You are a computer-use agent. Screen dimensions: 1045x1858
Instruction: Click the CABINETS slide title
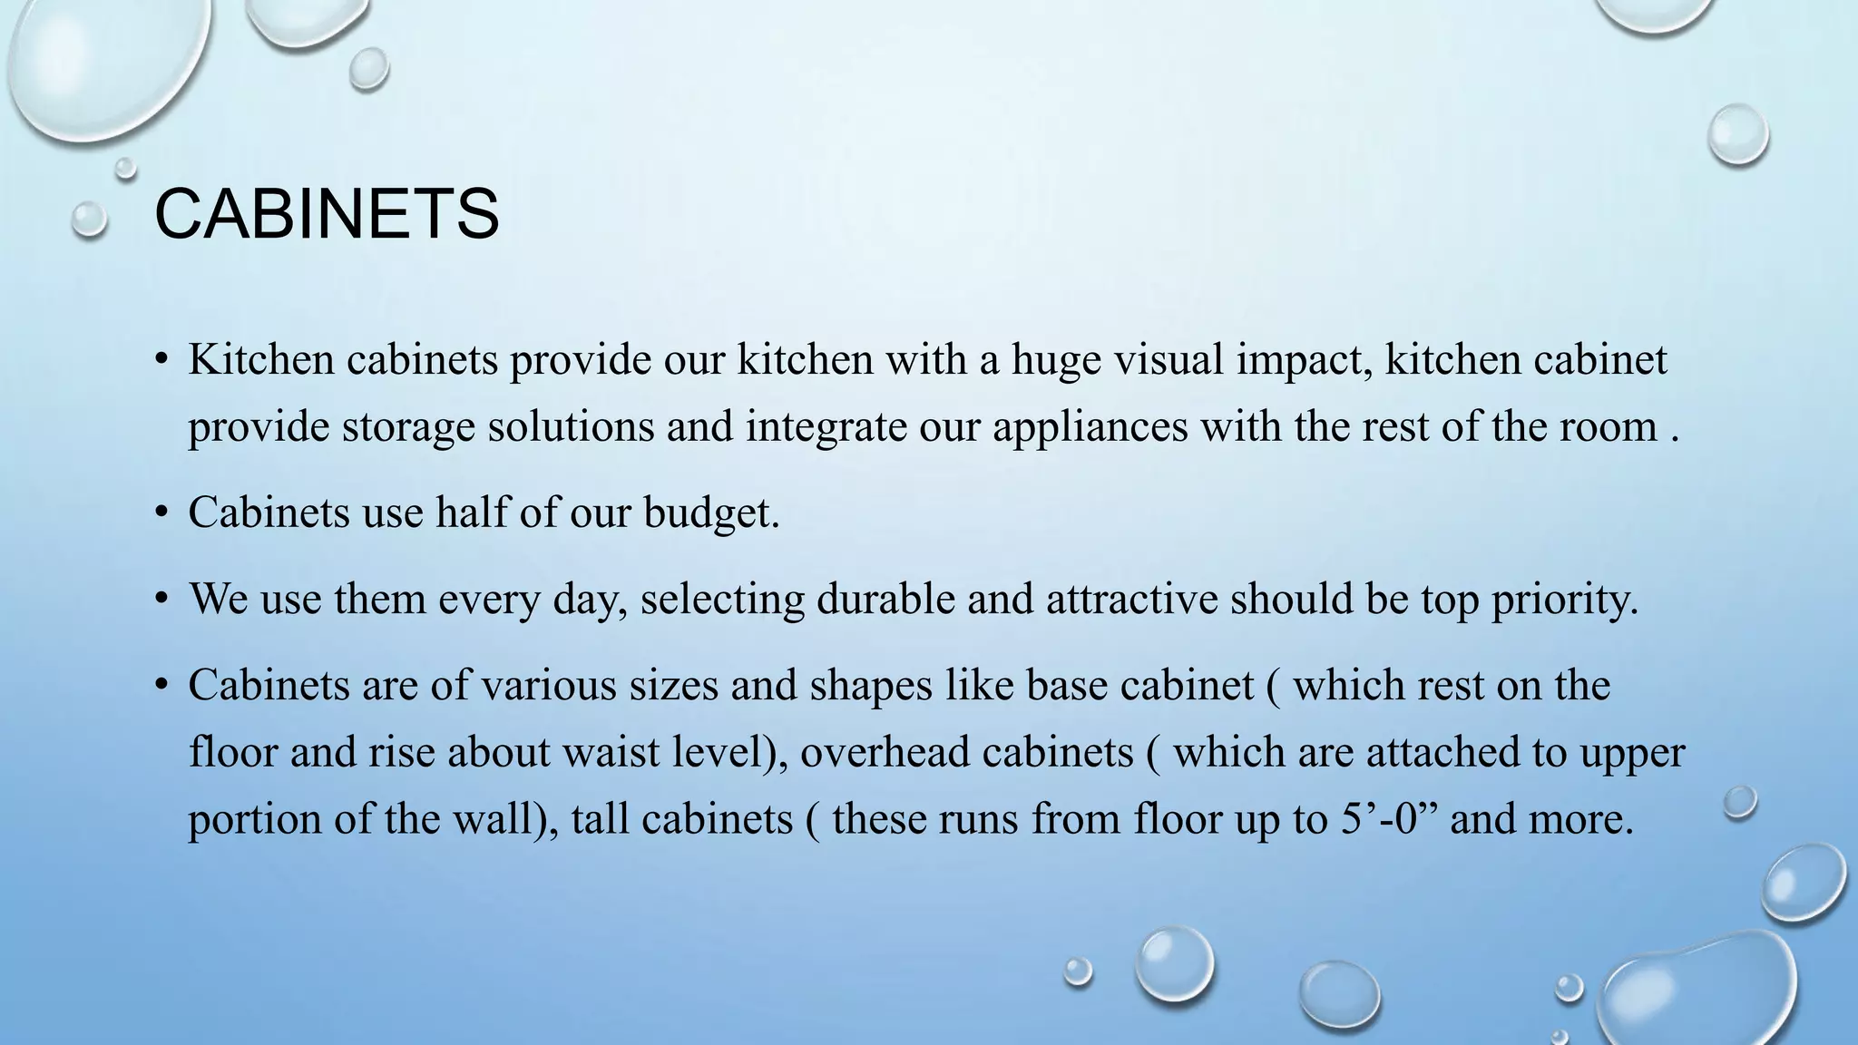click(327, 214)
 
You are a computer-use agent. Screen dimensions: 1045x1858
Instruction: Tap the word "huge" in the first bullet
click(1056, 360)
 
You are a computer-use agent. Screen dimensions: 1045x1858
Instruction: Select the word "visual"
click(1169, 360)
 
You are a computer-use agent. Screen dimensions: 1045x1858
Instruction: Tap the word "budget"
click(710, 513)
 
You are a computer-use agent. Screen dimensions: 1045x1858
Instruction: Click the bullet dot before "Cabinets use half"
click(161, 513)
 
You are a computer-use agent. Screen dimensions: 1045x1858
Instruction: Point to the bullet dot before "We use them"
click(161, 600)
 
